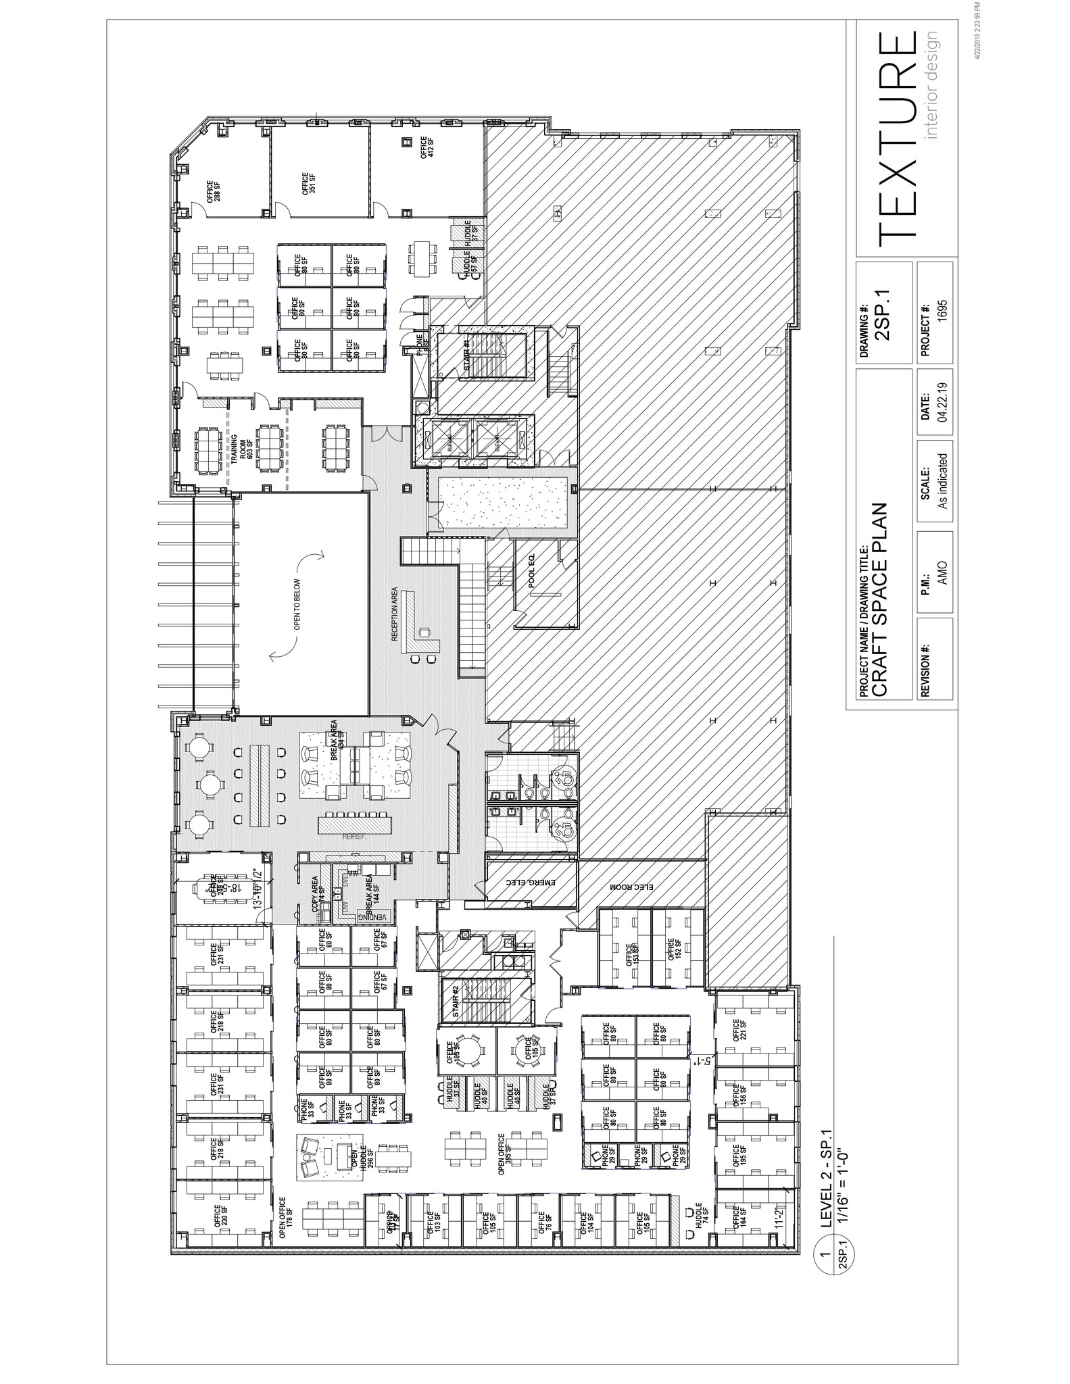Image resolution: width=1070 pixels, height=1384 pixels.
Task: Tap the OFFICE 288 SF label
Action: (214, 191)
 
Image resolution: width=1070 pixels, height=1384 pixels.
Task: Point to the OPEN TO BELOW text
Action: (297, 604)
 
